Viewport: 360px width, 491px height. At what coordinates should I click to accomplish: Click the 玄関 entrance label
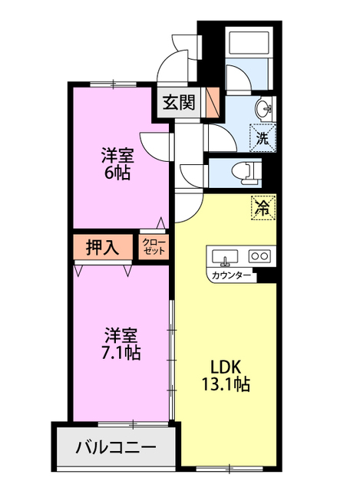point(179,102)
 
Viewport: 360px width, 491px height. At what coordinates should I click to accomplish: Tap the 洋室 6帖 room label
point(117,164)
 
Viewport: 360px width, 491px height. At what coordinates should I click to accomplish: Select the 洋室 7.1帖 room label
point(121,344)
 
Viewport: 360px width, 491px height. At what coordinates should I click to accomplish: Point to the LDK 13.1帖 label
point(226,376)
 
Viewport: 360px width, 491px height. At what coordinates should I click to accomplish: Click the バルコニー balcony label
point(116,447)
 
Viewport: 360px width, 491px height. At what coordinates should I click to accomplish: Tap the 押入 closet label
point(103,248)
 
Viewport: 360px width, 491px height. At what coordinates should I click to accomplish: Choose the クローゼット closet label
point(154,247)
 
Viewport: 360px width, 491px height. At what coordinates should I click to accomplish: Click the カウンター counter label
point(232,275)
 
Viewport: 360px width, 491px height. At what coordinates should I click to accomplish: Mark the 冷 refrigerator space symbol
point(263,208)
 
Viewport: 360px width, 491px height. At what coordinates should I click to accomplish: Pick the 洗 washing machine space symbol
point(263,138)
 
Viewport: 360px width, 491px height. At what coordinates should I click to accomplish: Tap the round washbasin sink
point(264,109)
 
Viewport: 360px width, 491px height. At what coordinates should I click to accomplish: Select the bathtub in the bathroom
point(249,43)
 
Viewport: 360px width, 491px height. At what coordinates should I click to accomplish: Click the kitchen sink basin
point(225,256)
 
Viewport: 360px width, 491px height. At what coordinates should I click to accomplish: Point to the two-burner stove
point(259,256)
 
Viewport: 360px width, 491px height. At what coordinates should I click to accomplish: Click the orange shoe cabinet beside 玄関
point(212,102)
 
